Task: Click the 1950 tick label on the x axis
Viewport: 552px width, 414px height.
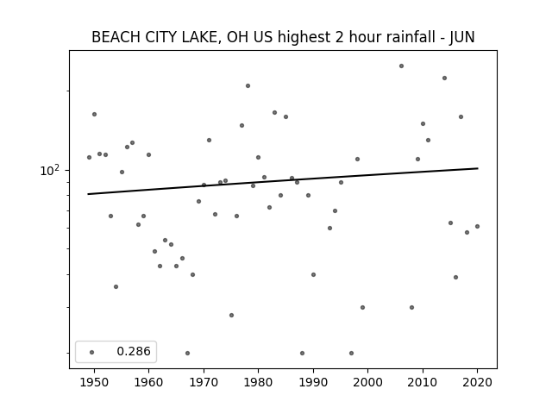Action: [x=94, y=382]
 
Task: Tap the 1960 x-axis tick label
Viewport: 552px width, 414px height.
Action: [x=148, y=382]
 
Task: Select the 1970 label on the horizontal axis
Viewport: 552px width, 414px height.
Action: [x=204, y=382]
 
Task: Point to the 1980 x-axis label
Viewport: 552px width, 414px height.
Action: [x=258, y=382]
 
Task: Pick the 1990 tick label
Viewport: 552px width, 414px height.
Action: [x=313, y=382]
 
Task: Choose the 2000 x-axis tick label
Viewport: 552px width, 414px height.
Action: [x=367, y=382]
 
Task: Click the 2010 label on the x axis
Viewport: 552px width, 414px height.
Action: [x=423, y=382]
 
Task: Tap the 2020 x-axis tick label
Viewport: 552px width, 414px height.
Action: [x=477, y=382]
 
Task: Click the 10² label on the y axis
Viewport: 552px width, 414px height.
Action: [x=50, y=171]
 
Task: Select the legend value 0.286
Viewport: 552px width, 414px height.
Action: [x=134, y=351]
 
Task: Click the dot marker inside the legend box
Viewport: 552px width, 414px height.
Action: [x=92, y=352]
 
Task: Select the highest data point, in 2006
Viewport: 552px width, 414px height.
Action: [x=401, y=66]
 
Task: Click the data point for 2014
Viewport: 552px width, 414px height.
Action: [x=445, y=78]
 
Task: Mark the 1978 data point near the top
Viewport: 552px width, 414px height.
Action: [x=248, y=85]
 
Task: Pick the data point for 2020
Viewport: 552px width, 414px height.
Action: [x=477, y=226]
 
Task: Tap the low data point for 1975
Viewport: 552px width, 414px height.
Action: [x=231, y=315]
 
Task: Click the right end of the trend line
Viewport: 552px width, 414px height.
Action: [x=478, y=168]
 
